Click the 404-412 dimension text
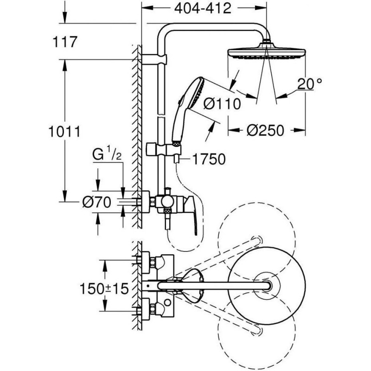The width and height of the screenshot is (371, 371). tap(203, 9)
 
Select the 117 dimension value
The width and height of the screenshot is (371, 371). tap(65, 42)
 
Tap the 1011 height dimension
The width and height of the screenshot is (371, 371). tap(64, 132)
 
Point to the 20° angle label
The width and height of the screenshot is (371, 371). tap(309, 84)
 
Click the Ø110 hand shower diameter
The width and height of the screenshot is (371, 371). tap(222, 103)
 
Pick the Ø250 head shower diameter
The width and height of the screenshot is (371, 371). tap(265, 130)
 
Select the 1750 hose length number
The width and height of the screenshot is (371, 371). tap(209, 159)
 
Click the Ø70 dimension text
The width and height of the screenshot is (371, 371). tap(97, 203)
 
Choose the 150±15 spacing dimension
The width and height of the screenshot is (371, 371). tap(104, 289)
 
